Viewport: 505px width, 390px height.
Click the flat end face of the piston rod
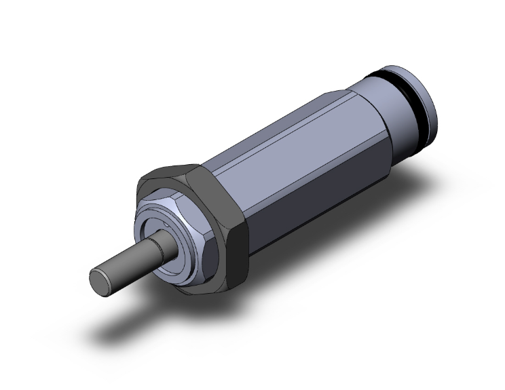(100, 279)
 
